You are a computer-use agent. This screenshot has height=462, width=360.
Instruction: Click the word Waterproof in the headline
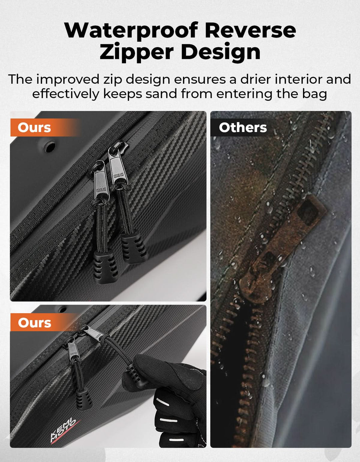131,30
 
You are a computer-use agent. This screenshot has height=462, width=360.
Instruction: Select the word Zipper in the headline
137,52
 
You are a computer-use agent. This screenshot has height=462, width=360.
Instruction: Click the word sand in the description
161,94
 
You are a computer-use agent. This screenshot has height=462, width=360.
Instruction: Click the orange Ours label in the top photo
34,128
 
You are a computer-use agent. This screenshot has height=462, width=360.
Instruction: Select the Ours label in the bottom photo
34,323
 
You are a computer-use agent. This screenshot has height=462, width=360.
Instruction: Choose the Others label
243,128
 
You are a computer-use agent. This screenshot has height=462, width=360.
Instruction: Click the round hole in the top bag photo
50,147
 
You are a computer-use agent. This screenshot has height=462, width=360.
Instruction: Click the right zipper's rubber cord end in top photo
134,247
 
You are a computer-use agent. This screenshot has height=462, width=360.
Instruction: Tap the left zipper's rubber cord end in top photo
105,267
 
